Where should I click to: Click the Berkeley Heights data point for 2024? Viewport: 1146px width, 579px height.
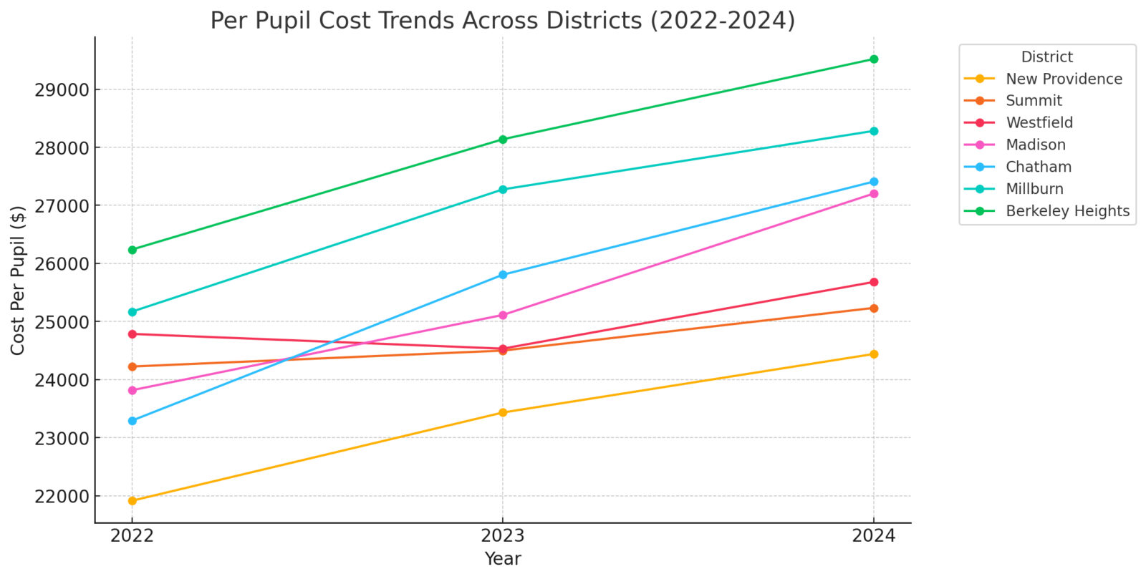point(873,59)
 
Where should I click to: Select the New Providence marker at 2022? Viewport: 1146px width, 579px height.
point(132,500)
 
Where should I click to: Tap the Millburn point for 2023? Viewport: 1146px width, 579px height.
point(503,190)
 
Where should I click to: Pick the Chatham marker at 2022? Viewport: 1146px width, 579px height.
point(132,421)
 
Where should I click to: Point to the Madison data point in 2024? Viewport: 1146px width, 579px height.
point(873,194)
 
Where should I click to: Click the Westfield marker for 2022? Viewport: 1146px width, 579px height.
point(132,334)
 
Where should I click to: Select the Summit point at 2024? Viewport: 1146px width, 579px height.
point(873,308)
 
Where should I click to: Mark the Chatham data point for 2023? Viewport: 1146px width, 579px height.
point(503,275)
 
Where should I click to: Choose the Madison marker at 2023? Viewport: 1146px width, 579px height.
point(503,315)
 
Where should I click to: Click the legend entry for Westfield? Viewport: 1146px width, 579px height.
point(1039,123)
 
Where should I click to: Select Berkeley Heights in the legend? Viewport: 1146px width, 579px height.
point(1067,211)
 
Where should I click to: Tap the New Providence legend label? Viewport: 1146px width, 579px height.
point(1064,79)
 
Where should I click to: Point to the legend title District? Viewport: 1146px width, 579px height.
point(1046,57)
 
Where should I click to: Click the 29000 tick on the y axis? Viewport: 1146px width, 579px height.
point(62,90)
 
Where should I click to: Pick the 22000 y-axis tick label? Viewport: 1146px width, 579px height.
point(62,496)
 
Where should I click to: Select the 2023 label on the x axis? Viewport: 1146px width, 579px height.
point(503,536)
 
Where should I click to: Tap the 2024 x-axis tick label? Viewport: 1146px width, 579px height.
point(873,536)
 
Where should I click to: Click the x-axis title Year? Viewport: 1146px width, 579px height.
point(503,559)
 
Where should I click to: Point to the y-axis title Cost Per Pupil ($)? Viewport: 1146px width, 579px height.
point(18,280)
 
